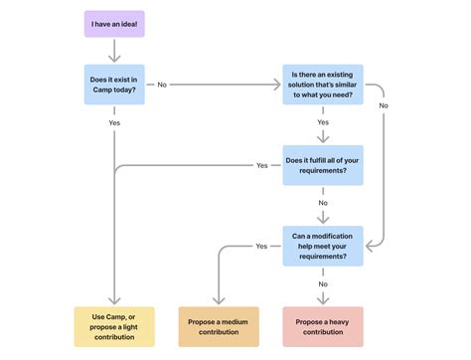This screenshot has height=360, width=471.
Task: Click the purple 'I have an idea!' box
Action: [115, 23]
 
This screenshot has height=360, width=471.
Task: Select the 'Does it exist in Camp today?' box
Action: [115, 85]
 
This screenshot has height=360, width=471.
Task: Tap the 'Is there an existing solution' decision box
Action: [323, 85]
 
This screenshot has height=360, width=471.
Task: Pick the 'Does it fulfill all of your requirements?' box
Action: [323, 164]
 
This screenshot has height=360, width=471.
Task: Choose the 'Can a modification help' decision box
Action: [323, 245]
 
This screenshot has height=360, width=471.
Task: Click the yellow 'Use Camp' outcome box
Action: [115, 325]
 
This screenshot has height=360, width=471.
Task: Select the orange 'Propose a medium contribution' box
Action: [219, 325]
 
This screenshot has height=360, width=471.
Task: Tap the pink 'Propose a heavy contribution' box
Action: [323, 325]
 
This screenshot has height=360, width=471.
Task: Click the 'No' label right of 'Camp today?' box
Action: [163, 85]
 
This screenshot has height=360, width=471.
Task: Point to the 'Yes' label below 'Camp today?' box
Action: [115, 122]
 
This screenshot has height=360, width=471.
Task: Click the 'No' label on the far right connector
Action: [384, 104]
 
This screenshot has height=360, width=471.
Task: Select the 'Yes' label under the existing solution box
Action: [323, 123]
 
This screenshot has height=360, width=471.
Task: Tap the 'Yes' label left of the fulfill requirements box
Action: [262, 164]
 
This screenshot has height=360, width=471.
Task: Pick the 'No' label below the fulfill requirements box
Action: [323, 203]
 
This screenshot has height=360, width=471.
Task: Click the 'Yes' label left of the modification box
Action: [262, 245]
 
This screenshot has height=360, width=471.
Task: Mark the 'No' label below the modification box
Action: [323, 283]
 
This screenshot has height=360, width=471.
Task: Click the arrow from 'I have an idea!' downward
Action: [115, 50]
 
